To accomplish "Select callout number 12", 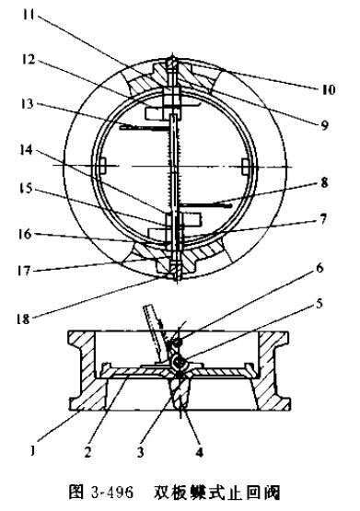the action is coord(28,59).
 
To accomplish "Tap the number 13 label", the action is coord(27,104).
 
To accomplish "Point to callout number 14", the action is coord(26,150).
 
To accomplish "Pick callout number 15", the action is coord(26,189).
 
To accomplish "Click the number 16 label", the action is coord(25,234).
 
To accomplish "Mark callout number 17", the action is coord(24,271).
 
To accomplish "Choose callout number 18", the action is coord(23,319).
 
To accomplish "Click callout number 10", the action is coord(329,89).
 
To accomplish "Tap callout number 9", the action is coord(324,125).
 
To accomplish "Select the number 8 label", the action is coord(324,182).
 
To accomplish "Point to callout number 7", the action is coord(322,219).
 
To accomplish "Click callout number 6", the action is coord(319,268).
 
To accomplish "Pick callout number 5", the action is coord(319,303).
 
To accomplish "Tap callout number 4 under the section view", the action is coord(200,452).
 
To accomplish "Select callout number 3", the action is coord(141,452).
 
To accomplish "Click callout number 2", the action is coord(87,452).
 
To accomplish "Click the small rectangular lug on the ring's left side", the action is coord(102,166).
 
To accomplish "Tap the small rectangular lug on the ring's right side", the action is coord(247,167).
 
